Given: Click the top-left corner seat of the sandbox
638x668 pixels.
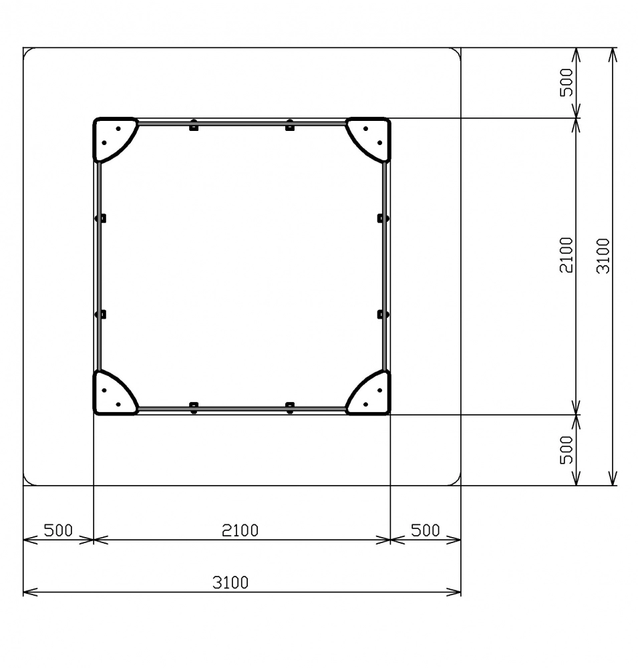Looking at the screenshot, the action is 111,136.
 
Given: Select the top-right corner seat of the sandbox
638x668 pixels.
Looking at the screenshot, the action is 373,136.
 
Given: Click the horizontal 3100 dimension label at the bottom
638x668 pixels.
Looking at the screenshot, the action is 230,582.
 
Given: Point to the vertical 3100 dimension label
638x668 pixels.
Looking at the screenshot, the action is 603,256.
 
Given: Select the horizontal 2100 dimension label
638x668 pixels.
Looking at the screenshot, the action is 240,530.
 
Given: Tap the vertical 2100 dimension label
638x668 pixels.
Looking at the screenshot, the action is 567,255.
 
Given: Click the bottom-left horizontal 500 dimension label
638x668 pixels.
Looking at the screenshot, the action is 58,530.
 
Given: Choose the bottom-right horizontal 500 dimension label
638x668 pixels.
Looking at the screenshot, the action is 426,530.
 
